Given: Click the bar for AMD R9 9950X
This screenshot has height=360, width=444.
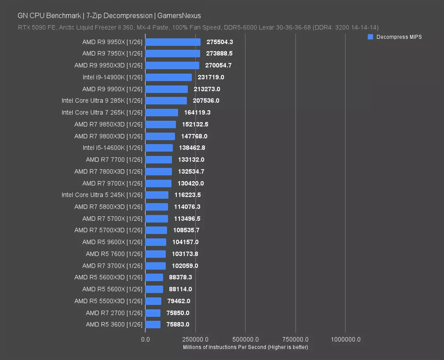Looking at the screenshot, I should tap(173, 42).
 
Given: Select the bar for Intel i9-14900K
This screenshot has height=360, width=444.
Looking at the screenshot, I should tap(169, 77).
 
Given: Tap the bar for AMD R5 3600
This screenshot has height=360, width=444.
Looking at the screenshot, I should tap(153, 324).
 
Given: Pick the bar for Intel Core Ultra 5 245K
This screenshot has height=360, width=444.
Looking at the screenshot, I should tap(157, 195).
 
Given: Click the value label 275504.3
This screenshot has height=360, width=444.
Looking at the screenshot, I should tap(220, 42).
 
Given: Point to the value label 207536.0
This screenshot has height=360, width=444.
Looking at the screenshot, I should tap(206, 101).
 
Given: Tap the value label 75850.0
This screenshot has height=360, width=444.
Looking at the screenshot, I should tap(178, 313).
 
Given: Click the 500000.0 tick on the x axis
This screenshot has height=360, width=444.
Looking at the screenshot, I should tap(245, 339).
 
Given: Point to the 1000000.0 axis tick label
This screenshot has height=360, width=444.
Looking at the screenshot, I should tap(346, 339).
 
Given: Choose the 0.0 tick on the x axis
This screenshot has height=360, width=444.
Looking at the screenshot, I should tap(145, 339).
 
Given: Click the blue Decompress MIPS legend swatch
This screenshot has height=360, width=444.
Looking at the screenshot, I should tap(370, 37).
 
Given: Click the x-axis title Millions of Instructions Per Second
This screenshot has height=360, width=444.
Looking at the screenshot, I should tap(245, 347).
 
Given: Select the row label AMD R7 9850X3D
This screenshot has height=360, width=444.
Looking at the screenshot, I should tap(108, 124).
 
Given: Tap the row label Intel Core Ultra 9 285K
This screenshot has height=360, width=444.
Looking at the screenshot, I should tap(102, 101).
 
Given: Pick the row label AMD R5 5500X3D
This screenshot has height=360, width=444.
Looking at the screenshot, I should tap(108, 301).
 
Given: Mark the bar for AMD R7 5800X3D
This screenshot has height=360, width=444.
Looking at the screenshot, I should tap(157, 207).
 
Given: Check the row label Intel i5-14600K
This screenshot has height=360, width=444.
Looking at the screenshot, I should tap(113, 148).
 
